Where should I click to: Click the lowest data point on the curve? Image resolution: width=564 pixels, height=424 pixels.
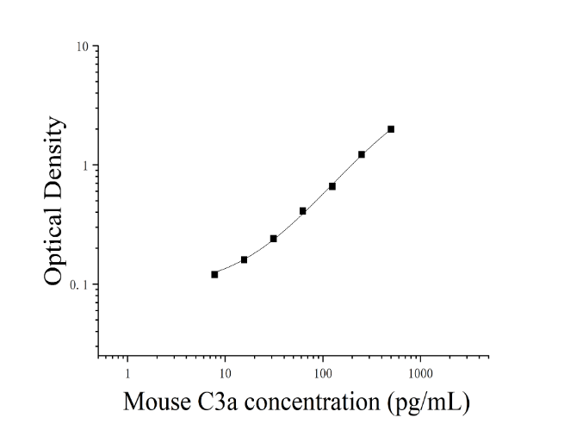(214, 275)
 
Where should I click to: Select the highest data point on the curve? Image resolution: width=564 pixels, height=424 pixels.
(391, 129)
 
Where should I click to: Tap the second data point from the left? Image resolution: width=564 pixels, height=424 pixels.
(245, 259)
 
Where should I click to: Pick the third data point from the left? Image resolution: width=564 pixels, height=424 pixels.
(273, 239)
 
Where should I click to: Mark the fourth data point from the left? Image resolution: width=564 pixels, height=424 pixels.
(303, 211)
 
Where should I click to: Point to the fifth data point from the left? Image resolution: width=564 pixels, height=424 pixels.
(332, 186)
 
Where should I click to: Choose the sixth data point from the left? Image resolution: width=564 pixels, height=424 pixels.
(362, 154)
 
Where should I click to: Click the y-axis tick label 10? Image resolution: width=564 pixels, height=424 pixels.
(82, 47)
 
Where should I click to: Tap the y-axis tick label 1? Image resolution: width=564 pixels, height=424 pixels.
(85, 165)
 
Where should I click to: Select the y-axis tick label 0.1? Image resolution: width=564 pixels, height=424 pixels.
(79, 285)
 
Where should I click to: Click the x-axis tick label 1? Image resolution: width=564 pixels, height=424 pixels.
(127, 374)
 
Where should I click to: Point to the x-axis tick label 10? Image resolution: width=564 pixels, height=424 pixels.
(225, 374)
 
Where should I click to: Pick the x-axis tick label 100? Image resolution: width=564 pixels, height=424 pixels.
(323, 374)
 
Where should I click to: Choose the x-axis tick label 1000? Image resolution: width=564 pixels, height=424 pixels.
(420, 374)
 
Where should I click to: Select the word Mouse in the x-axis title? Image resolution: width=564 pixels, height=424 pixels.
(158, 402)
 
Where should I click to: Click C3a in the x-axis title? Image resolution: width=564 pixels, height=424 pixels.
(217, 402)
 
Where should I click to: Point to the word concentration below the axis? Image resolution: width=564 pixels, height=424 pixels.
(313, 402)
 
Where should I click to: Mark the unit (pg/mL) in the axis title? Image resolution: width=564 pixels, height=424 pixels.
(429, 402)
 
